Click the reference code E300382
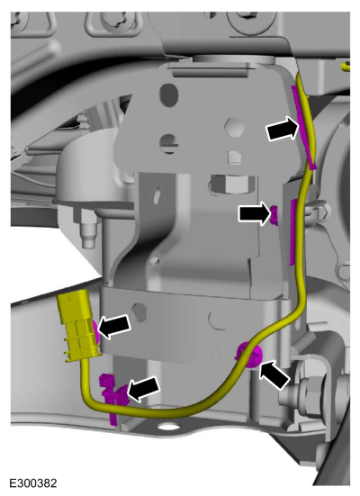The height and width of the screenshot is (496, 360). coord(33,483)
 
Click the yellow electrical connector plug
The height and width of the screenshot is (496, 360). coord(78,326)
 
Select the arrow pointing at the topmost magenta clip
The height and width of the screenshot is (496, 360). coord(283,128)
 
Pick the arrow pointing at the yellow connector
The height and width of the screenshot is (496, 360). coord(114,327)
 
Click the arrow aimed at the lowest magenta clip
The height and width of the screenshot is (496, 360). coord(143,389)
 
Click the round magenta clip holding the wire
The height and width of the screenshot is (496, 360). coord(249,355)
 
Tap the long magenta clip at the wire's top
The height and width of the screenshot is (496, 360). coord(303,127)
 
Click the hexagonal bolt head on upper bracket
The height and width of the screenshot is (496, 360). coord(234,127)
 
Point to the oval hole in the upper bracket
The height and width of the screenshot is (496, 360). coord(168,93)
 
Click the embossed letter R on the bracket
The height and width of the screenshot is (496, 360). coord(215,349)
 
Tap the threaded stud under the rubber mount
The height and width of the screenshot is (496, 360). coord(87,232)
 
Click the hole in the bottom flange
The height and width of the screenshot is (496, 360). coord(167,427)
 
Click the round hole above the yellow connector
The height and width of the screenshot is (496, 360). coord(140,311)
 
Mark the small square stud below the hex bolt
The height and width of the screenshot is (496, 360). coord(234,157)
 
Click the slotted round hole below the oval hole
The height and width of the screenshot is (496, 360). coord(169,144)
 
